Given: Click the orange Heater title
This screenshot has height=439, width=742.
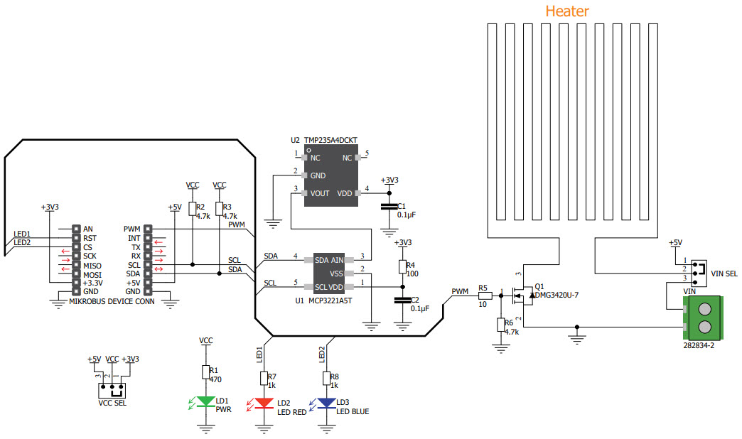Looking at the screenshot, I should [x=566, y=11].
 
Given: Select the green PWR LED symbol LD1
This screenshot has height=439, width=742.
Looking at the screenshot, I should [x=205, y=402].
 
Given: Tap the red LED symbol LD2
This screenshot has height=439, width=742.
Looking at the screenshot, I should [x=264, y=403].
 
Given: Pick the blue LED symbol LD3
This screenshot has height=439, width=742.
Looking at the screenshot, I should [x=326, y=403].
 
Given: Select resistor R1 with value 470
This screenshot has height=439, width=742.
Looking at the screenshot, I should [x=205, y=372].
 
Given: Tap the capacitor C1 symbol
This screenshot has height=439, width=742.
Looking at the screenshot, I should [x=388, y=206].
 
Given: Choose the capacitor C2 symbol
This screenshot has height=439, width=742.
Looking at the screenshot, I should [x=402, y=300].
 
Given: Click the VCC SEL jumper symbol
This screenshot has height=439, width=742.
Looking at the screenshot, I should [x=113, y=389].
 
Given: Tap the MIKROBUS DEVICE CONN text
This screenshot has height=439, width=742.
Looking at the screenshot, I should [x=112, y=300].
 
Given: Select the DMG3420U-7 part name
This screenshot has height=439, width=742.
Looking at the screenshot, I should [x=557, y=294].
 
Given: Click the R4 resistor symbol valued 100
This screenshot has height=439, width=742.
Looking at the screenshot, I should [x=402, y=266].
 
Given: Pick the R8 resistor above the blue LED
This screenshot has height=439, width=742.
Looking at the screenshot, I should [x=326, y=377].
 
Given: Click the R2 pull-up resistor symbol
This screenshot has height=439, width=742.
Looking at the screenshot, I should [x=192, y=208].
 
